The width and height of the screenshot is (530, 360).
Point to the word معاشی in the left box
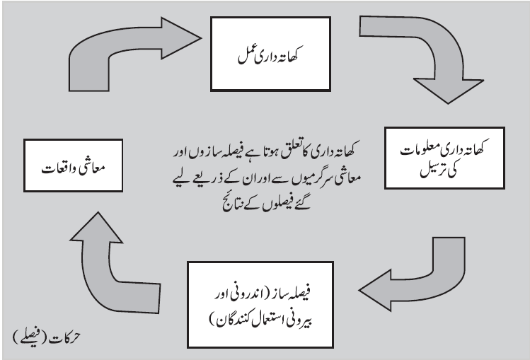click(x=92, y=168)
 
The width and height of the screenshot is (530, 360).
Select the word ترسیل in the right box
click(x=432, y=170)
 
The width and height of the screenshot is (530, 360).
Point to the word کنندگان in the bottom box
click(x=231, y=320)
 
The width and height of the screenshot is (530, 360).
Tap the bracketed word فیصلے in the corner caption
click(x=30, y=337)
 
